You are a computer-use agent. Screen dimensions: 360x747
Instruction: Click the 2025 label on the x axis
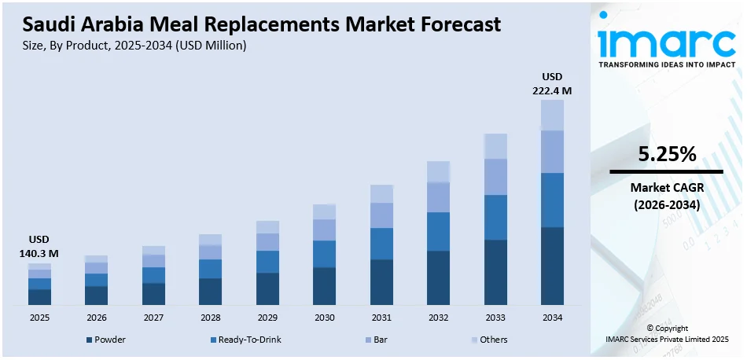click(39, 318)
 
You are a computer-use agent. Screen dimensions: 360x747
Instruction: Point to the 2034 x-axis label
click(552, 318)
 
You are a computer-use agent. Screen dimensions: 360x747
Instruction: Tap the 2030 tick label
click(324, 318)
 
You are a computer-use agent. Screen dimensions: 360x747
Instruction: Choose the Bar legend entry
click(377, 340)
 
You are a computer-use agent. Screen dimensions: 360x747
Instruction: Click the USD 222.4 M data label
click(552, 83)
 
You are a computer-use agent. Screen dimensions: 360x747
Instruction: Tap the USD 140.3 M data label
click(39, 246)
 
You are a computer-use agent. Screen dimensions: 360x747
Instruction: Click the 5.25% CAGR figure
click(667, 156)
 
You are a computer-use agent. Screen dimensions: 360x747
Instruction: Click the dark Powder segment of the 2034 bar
click(552, 265)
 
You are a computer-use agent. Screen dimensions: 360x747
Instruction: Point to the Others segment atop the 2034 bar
click(552, 115)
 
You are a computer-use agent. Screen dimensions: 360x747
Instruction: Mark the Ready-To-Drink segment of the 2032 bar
click(438, 231)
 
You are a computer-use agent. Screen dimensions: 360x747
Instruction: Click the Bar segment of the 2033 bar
click(495, 177)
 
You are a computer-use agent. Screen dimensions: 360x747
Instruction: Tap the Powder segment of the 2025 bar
click(39, 296)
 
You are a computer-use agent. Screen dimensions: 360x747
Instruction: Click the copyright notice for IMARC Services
click(667, 333)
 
